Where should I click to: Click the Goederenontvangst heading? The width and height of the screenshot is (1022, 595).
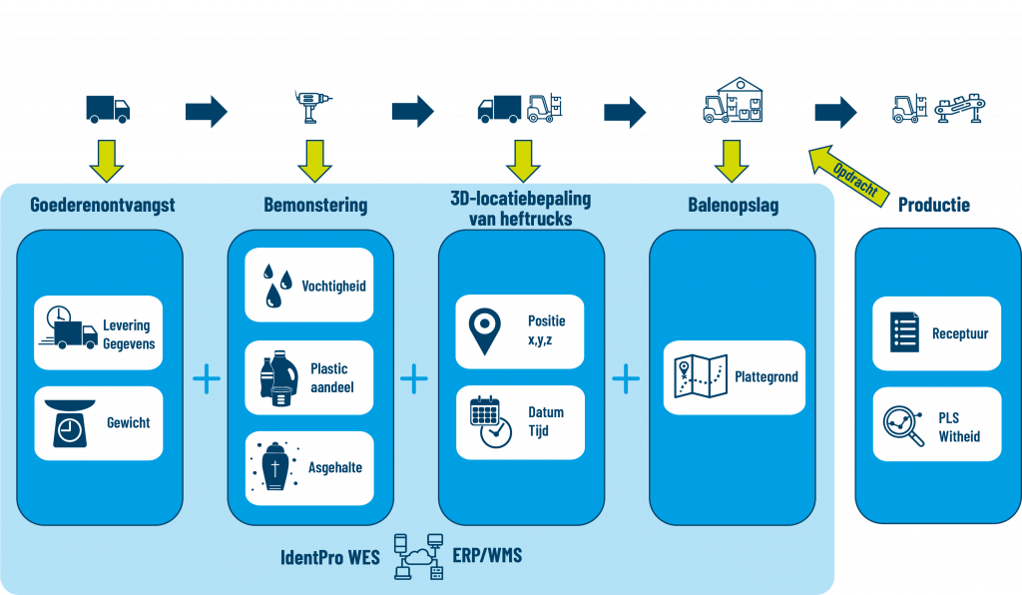click(103, 205)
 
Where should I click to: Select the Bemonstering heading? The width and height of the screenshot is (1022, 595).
click(315, 206)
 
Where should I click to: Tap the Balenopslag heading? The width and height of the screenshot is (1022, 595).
click(734, 206)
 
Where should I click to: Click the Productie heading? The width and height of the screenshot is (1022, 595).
click(933, 206)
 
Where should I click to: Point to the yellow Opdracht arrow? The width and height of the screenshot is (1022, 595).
click(847, 173)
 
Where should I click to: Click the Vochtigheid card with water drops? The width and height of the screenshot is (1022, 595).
click(308, 285)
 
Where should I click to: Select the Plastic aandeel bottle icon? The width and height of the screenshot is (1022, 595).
click(273, 378)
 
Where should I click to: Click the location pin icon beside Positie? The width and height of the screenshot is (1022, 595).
click(485, 331)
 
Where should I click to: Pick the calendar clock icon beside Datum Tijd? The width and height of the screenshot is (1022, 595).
click(489, 421)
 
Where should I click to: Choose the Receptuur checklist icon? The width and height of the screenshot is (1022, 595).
click(903, 332)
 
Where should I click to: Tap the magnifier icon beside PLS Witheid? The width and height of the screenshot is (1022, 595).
click(904, 424)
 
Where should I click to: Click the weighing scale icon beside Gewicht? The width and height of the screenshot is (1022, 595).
click(70, 423)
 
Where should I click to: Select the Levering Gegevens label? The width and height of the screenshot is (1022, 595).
click(129, 334)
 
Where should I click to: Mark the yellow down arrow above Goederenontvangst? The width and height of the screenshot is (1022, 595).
click(105, 159)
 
